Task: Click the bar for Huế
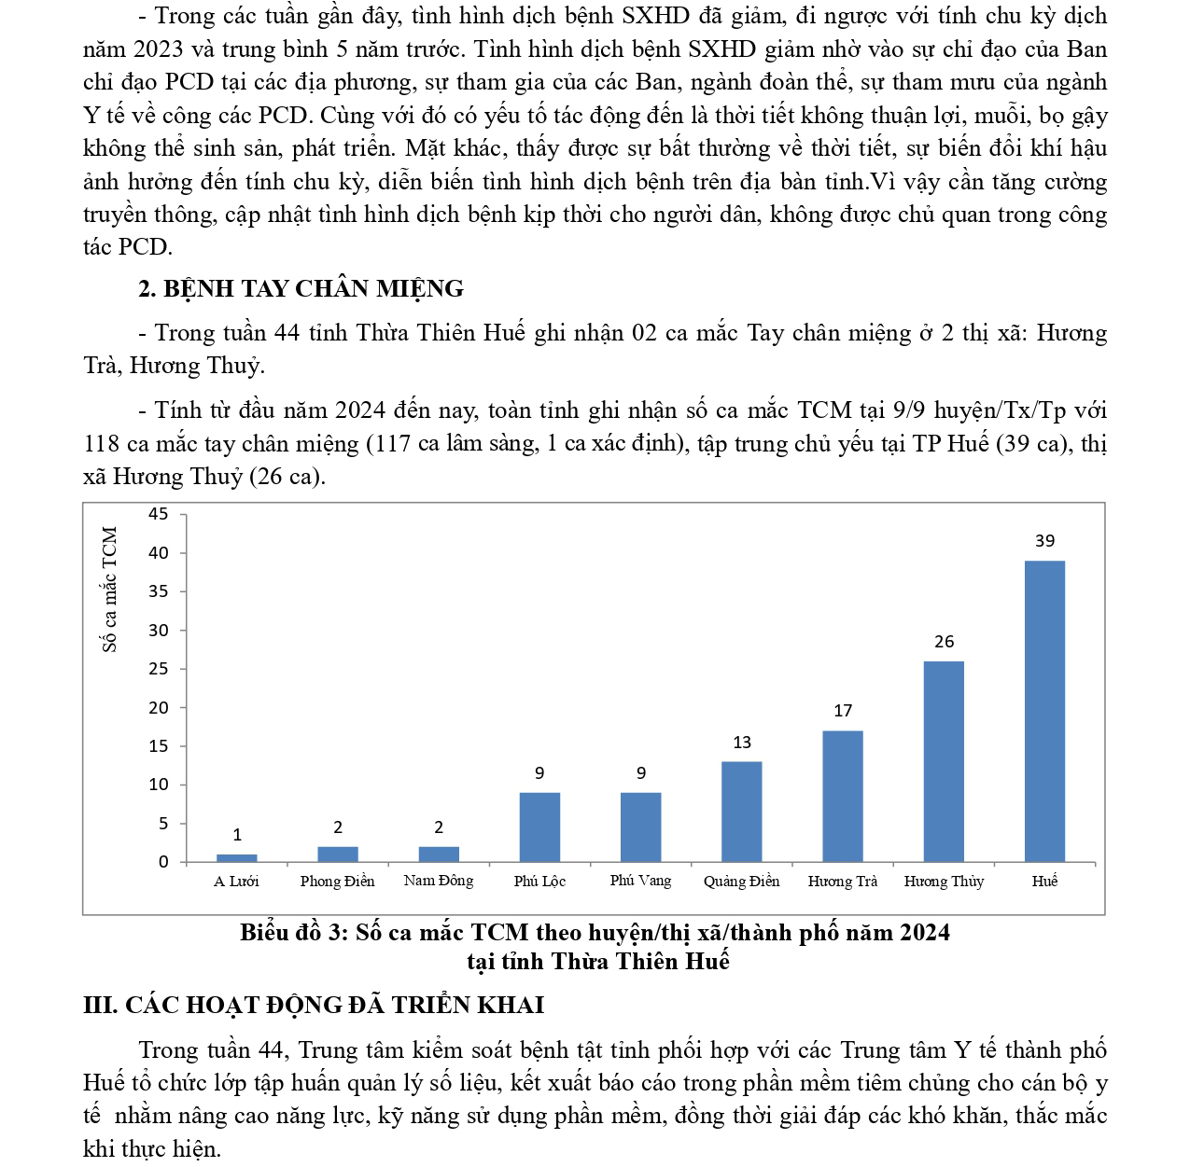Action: click(1044, 711)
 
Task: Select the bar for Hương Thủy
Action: click(944, 761)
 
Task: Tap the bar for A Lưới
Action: click(236, 857)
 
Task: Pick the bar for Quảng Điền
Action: click(741, 812)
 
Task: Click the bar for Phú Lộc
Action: click(539, 827)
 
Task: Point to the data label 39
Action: click(1044, 541)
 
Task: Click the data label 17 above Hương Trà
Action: click(843, 711)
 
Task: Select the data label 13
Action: click(741, 743)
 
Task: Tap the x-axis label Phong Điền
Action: click(337, 882)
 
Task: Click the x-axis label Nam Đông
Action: click(438, 881)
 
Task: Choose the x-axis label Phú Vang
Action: click(640, 881)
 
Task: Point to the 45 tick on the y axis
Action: click(159, 514)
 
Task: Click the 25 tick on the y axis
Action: click(159, 669)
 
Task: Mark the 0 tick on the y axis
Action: click(163, 862)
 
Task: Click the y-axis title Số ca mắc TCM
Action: click(110, 590)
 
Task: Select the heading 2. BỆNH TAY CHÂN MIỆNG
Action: click(301, 289)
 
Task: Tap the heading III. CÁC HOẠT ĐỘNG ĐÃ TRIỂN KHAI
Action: click(314, 1006)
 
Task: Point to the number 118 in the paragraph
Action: click(102, 444)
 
